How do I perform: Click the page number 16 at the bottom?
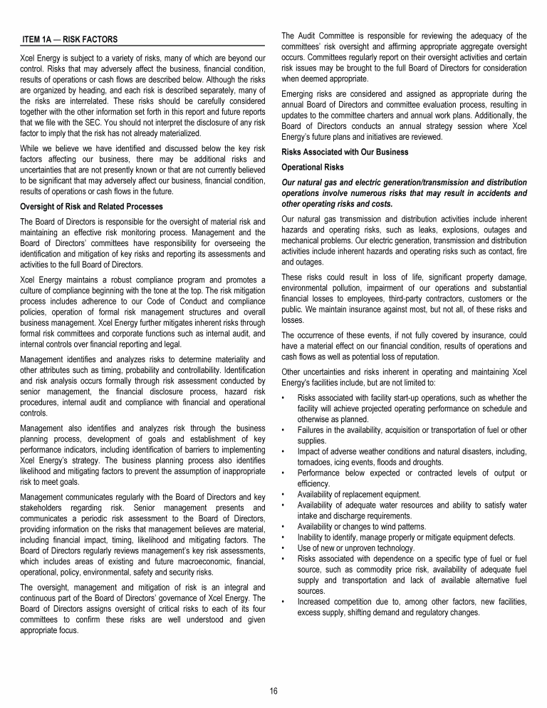pyautogui.click(x=273, y=691)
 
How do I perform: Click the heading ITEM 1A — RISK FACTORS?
pyautogui.click(x=70, y=39)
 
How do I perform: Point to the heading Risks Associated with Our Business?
pyautogui.click(x=345, y=152)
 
